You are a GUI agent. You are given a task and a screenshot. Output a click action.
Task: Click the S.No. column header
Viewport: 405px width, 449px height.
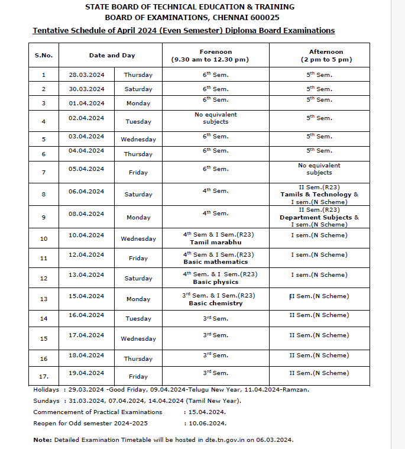point(44,55)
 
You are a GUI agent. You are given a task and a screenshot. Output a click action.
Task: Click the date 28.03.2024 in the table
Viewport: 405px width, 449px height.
point(86,75)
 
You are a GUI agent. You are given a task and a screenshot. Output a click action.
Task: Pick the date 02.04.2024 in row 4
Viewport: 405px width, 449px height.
point(86,118)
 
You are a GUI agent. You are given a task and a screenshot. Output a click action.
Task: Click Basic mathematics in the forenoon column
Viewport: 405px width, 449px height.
point(216,261)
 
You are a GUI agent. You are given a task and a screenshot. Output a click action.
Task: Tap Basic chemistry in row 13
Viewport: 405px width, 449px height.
point(216,303)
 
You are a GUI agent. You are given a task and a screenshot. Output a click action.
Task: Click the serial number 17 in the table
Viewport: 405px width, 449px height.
point(44,376)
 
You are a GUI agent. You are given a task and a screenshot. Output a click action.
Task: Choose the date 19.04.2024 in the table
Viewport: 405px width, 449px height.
point(86,373)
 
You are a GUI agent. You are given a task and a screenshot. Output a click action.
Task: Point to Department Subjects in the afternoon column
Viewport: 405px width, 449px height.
point(316,217)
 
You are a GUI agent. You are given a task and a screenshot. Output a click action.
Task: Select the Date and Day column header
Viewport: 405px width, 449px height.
point(112,55)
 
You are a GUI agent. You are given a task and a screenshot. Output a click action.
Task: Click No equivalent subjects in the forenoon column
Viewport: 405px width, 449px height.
point(216,118)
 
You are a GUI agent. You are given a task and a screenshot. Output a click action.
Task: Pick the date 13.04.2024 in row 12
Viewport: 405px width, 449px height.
point(86,275)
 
